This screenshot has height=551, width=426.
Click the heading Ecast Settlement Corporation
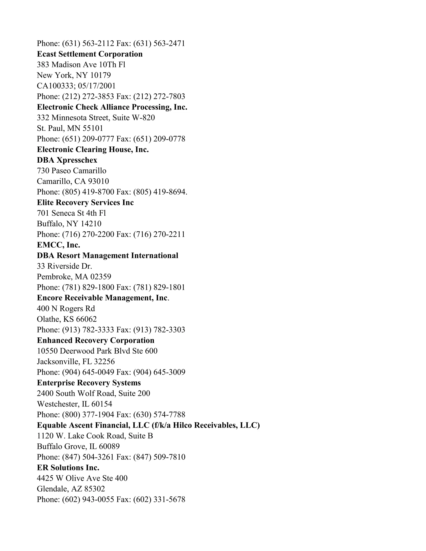90,54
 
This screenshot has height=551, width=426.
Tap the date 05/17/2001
97,86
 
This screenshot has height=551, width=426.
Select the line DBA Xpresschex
67,160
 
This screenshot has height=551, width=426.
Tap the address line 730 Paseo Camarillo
71,170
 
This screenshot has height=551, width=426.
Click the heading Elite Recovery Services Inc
85,202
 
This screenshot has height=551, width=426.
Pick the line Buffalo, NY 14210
69,224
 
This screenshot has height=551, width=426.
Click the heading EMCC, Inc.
58,245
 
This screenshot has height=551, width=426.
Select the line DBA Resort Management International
108,255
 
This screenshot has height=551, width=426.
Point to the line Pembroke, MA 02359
74,277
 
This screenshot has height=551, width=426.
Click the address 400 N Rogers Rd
66,308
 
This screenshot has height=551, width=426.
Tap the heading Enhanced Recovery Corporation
96,340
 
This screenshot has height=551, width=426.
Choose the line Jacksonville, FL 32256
76,361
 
